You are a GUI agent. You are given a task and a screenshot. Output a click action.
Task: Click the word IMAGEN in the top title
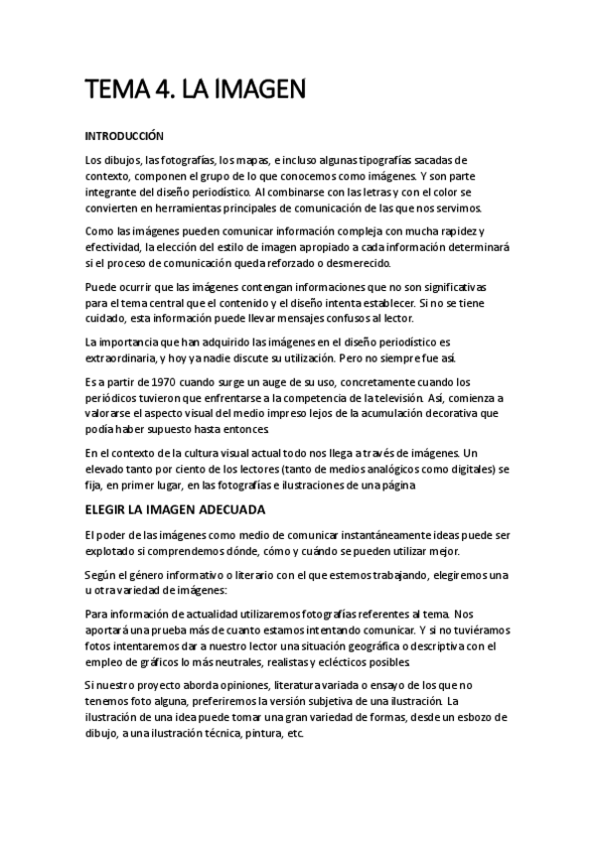tap(256, 90)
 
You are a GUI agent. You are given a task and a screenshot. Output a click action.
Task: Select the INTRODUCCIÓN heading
tap(124, 135)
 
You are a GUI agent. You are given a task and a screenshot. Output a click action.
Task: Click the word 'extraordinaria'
tap(122, 358)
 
